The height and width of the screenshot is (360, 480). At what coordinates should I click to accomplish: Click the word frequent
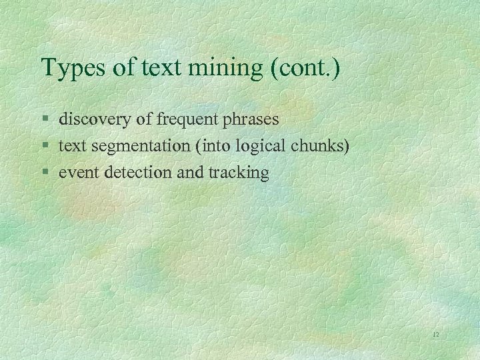pyautogui.click(x=188, y=120)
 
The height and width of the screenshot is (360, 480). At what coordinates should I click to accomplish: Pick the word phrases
pyautogui.click(x=251, y=120)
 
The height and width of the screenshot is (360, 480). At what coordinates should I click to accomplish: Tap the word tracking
pyautogui.click(x=239, y=173)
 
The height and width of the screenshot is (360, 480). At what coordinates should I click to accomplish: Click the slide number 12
pyautogui.click(x=435, y=334)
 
